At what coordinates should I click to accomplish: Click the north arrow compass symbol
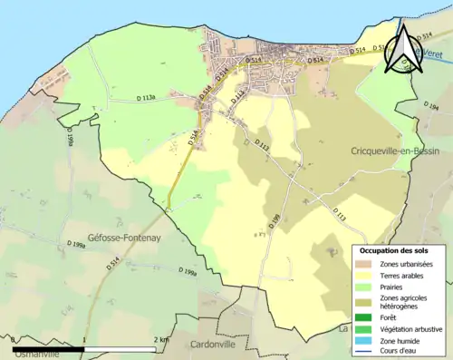click(400, 47)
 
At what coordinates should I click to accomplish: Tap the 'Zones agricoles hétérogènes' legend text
click(404, 301)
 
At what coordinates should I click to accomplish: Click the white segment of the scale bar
click(121, 347)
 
